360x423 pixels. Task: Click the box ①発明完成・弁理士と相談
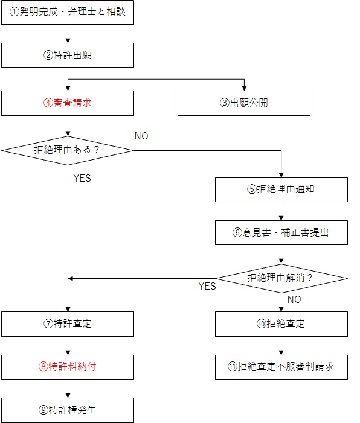[68, 13]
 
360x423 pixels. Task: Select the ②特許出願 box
[68, 56]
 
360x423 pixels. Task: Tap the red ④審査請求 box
[68, 103]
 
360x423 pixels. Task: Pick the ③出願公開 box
[244, 103]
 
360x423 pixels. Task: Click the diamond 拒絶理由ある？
[68, 150]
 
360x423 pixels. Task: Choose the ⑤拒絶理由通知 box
[281, 189]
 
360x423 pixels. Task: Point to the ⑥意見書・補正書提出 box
[281, 232]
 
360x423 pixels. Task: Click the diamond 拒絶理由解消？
[281, 278]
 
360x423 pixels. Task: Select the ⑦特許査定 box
[68, 324]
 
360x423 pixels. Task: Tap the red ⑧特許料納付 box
[68, 367]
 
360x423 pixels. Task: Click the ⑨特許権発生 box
[68, 410]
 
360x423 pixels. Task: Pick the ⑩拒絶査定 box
[281, 324]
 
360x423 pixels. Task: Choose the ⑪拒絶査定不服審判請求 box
[281, 367]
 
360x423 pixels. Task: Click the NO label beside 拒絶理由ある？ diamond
[141, 136]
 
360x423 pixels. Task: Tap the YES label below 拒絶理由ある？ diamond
[82, 178]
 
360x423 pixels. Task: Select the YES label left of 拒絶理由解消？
[207, 286]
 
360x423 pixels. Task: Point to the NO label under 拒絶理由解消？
[294, 299]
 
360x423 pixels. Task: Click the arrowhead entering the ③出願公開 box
[244, 89]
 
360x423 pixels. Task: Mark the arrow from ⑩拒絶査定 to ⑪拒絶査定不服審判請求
[281, 346]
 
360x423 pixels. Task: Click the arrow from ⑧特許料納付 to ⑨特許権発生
[68, 389]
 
